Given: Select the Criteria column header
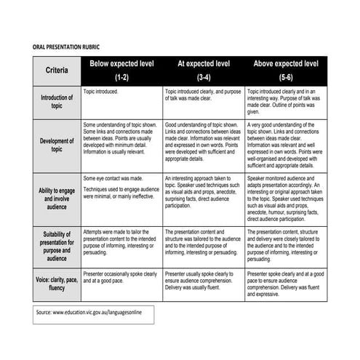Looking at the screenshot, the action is click(x=57, y=71).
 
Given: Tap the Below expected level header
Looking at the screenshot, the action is click(x=121, y=64).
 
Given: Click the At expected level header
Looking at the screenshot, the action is click(x=204, y=64).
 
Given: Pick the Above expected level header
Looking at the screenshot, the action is click(x=286, y=64).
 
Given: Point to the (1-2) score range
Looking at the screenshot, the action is click(x=121, y=77).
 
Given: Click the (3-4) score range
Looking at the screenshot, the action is click(x=204, y=77).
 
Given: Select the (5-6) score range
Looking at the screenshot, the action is click(x=286, y=77).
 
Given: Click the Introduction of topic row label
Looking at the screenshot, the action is click(x=57, y=101).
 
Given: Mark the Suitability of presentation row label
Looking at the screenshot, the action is click(x=57, y=247).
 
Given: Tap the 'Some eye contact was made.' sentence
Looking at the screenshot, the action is click(x=113, y=178).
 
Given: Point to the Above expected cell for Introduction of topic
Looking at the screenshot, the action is click(x=286, y=102).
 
